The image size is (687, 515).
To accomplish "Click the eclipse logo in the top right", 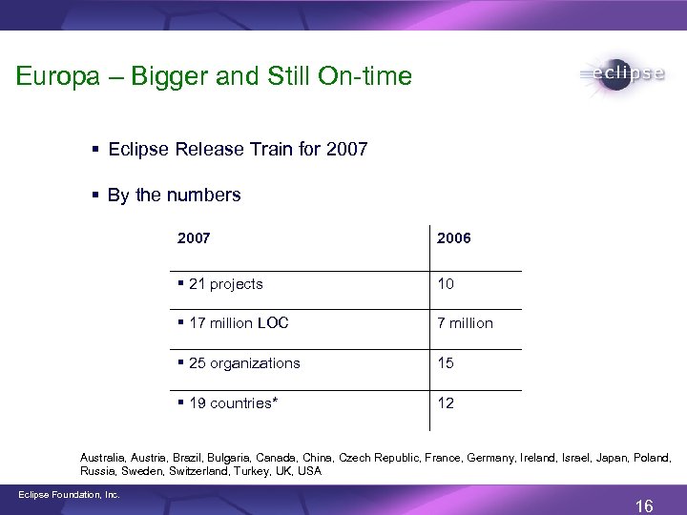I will click(620, 75).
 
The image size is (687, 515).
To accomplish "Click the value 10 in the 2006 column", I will click(446, 283).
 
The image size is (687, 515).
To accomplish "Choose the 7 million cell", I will click(465, 323).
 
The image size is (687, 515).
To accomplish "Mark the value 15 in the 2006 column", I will click(446, 363).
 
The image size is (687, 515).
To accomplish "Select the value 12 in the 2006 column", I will click(446, 403).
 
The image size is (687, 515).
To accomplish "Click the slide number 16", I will click(644, 505).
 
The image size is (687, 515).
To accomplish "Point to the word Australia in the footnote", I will click(104, 458).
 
